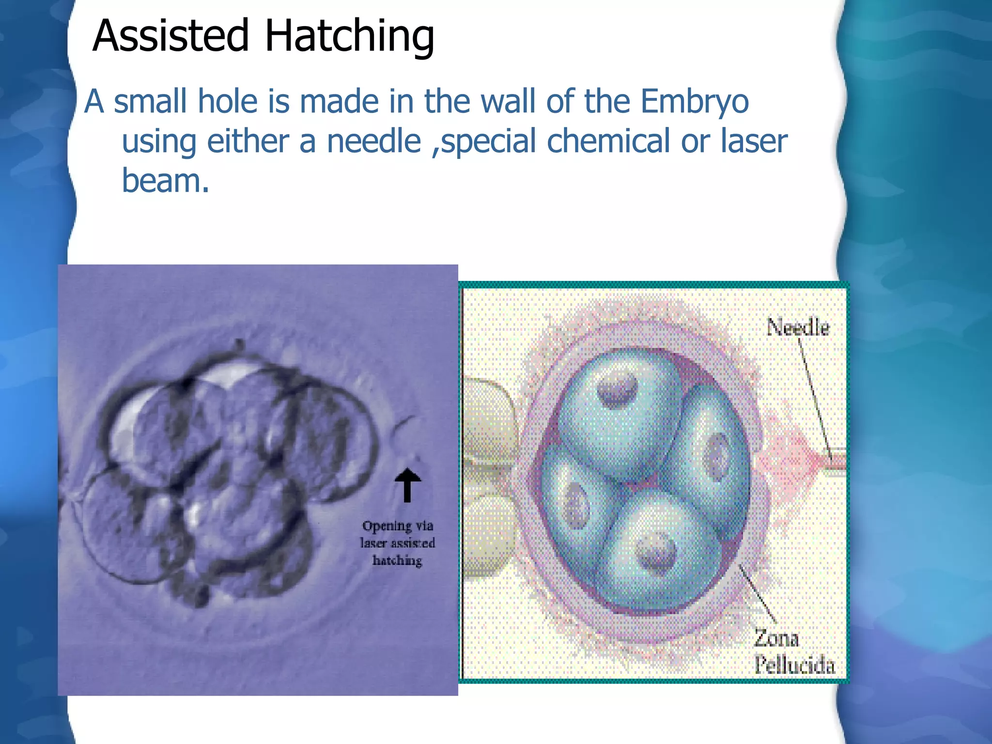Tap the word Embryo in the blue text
pyautogui.click(x=695, y=102)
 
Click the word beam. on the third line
pyautogui.click(x=165, y=181)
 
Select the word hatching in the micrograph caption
pyautogui.click(x=397, y=561)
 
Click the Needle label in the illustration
pyautogui.click(x=797, y=328)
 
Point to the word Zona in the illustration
pyautogui.click(x=776, y=638)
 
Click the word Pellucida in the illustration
pyautogui.click(x=794, y=665)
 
